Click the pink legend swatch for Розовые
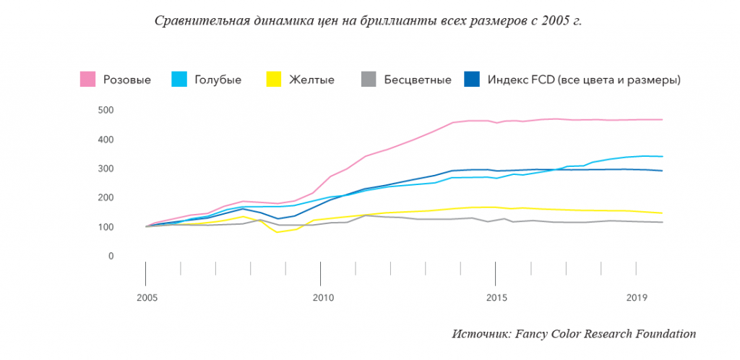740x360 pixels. pyautogui.click(x=88, y=79)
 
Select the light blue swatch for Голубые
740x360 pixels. pyautogui.click(x=179, y=79)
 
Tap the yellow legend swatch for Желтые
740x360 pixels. pyautogui.click(x=274, y=79)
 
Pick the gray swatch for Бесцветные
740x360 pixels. pyautogui.click(x=369, y=79)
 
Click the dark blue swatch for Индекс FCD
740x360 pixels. pyautogui.click(x=471, y=79)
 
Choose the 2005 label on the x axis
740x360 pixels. pyautogui.click(x=147, y=298)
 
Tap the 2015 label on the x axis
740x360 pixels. pyautogui.click(x=495, y=298)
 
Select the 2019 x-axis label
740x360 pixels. pyautogui.click(x=636, y=298)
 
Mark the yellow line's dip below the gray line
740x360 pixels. pyautogui.click(x=277, y=231)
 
